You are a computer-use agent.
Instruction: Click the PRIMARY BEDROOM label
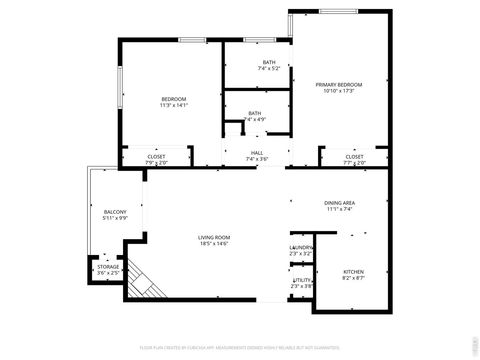click(x=339, y=84)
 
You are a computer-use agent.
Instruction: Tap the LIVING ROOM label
click(x=213, y=237)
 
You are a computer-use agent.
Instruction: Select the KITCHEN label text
click(x=354, y=271)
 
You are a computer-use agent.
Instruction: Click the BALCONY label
click(x=115, y=212)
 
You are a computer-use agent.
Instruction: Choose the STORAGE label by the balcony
click(x=108, y=267)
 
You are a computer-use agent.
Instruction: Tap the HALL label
click(x=257, y=153)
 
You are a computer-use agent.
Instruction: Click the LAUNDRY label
click(x=301, y=247)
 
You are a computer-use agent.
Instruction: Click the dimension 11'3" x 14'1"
click(x=174, y=105)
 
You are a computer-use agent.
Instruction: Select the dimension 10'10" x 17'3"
click(x=339, y=91)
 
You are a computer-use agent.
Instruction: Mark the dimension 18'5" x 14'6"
click(x=213, y=243)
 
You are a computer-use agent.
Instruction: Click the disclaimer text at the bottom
click(x=239, y=349)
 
